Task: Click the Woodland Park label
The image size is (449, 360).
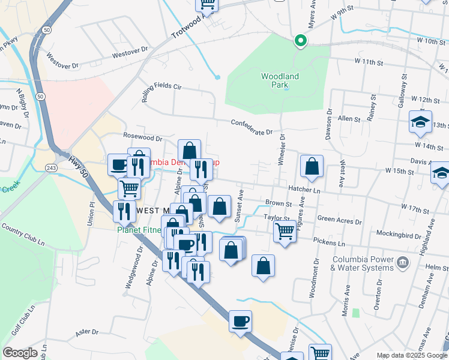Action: point(280,80)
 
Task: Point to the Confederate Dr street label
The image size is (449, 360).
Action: point(252,127)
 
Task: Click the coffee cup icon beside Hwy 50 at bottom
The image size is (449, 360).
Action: point(241,322)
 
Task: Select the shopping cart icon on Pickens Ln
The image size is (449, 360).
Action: point(285,231)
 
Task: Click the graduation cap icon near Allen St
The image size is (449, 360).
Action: point(420,122)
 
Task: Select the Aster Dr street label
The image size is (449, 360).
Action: point(87,332)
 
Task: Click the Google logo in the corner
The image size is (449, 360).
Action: point(20,353)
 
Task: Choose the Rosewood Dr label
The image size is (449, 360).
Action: point(143,137)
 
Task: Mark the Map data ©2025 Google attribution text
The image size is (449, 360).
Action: point(411,355)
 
